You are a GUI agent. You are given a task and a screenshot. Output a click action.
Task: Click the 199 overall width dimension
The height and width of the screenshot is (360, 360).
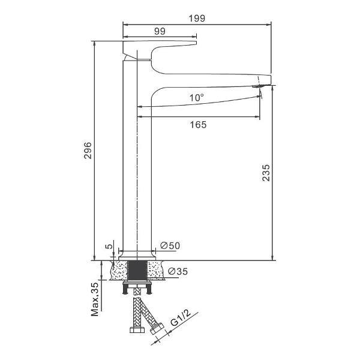click(x=197, y=19)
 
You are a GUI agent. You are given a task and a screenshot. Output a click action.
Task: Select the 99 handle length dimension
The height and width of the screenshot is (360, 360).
click(x=160, y=31)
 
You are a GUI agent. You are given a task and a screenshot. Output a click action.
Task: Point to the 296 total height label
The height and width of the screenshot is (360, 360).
click(x=88, y=151)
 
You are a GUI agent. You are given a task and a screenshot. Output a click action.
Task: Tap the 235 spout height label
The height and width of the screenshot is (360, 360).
click(x=266, y=173)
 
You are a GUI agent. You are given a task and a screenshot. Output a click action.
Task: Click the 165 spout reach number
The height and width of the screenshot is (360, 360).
click(x=198, y=125)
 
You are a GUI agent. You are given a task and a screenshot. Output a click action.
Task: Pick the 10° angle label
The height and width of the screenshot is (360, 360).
click(x=197, y=98)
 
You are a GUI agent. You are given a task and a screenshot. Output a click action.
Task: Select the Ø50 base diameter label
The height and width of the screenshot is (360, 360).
click(x=170, y=245)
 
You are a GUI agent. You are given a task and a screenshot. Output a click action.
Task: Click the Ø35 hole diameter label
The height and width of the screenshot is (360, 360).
click(x=178, y=271)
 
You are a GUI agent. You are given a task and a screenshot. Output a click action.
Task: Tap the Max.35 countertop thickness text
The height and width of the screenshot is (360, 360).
click(x=95, y=299)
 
